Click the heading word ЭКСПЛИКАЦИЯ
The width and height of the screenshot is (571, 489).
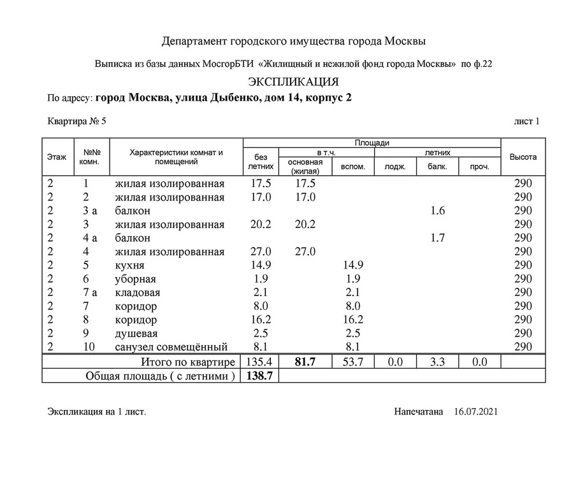coord(293,82)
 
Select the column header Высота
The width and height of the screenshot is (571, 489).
coord(523,157)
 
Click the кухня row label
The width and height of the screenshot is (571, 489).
coord(130,266)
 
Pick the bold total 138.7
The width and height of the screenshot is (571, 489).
coord(260,376)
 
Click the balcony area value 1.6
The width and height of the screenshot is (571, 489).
coord(437,211)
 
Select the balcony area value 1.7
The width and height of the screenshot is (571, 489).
coord(437,238)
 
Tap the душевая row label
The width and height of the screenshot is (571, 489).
coord(136,334)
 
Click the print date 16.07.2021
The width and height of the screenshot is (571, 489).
coord(476,412)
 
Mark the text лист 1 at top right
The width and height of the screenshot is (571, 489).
coord(526,121)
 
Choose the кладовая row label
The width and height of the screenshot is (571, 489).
coord(138,293)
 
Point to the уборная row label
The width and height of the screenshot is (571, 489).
coord(136,280)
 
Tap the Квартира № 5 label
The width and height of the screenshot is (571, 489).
coord(76,121)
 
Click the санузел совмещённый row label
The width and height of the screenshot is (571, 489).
coord(171,347)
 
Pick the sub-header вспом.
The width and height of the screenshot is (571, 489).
coord(353,167)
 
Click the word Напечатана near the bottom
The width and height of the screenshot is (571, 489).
coord(418,412)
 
